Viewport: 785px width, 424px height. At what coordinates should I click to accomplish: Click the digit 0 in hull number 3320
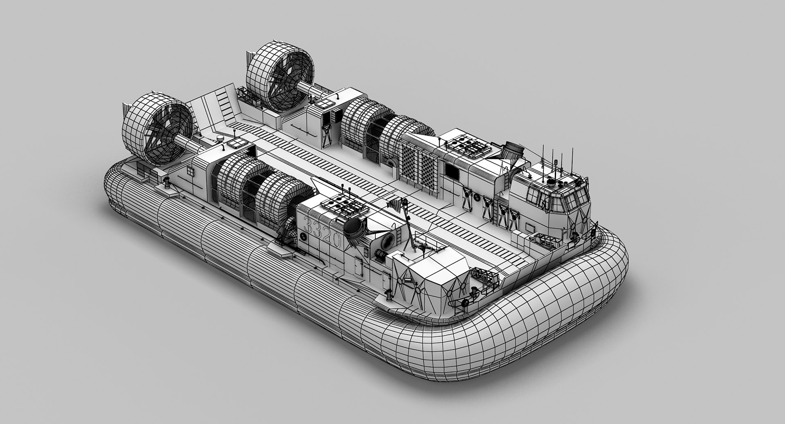[x=336, y=241]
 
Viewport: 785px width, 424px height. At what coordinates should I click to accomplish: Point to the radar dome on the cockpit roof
[x=553, y=183]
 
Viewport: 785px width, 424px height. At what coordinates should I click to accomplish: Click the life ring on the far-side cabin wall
[x=476, y=198]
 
